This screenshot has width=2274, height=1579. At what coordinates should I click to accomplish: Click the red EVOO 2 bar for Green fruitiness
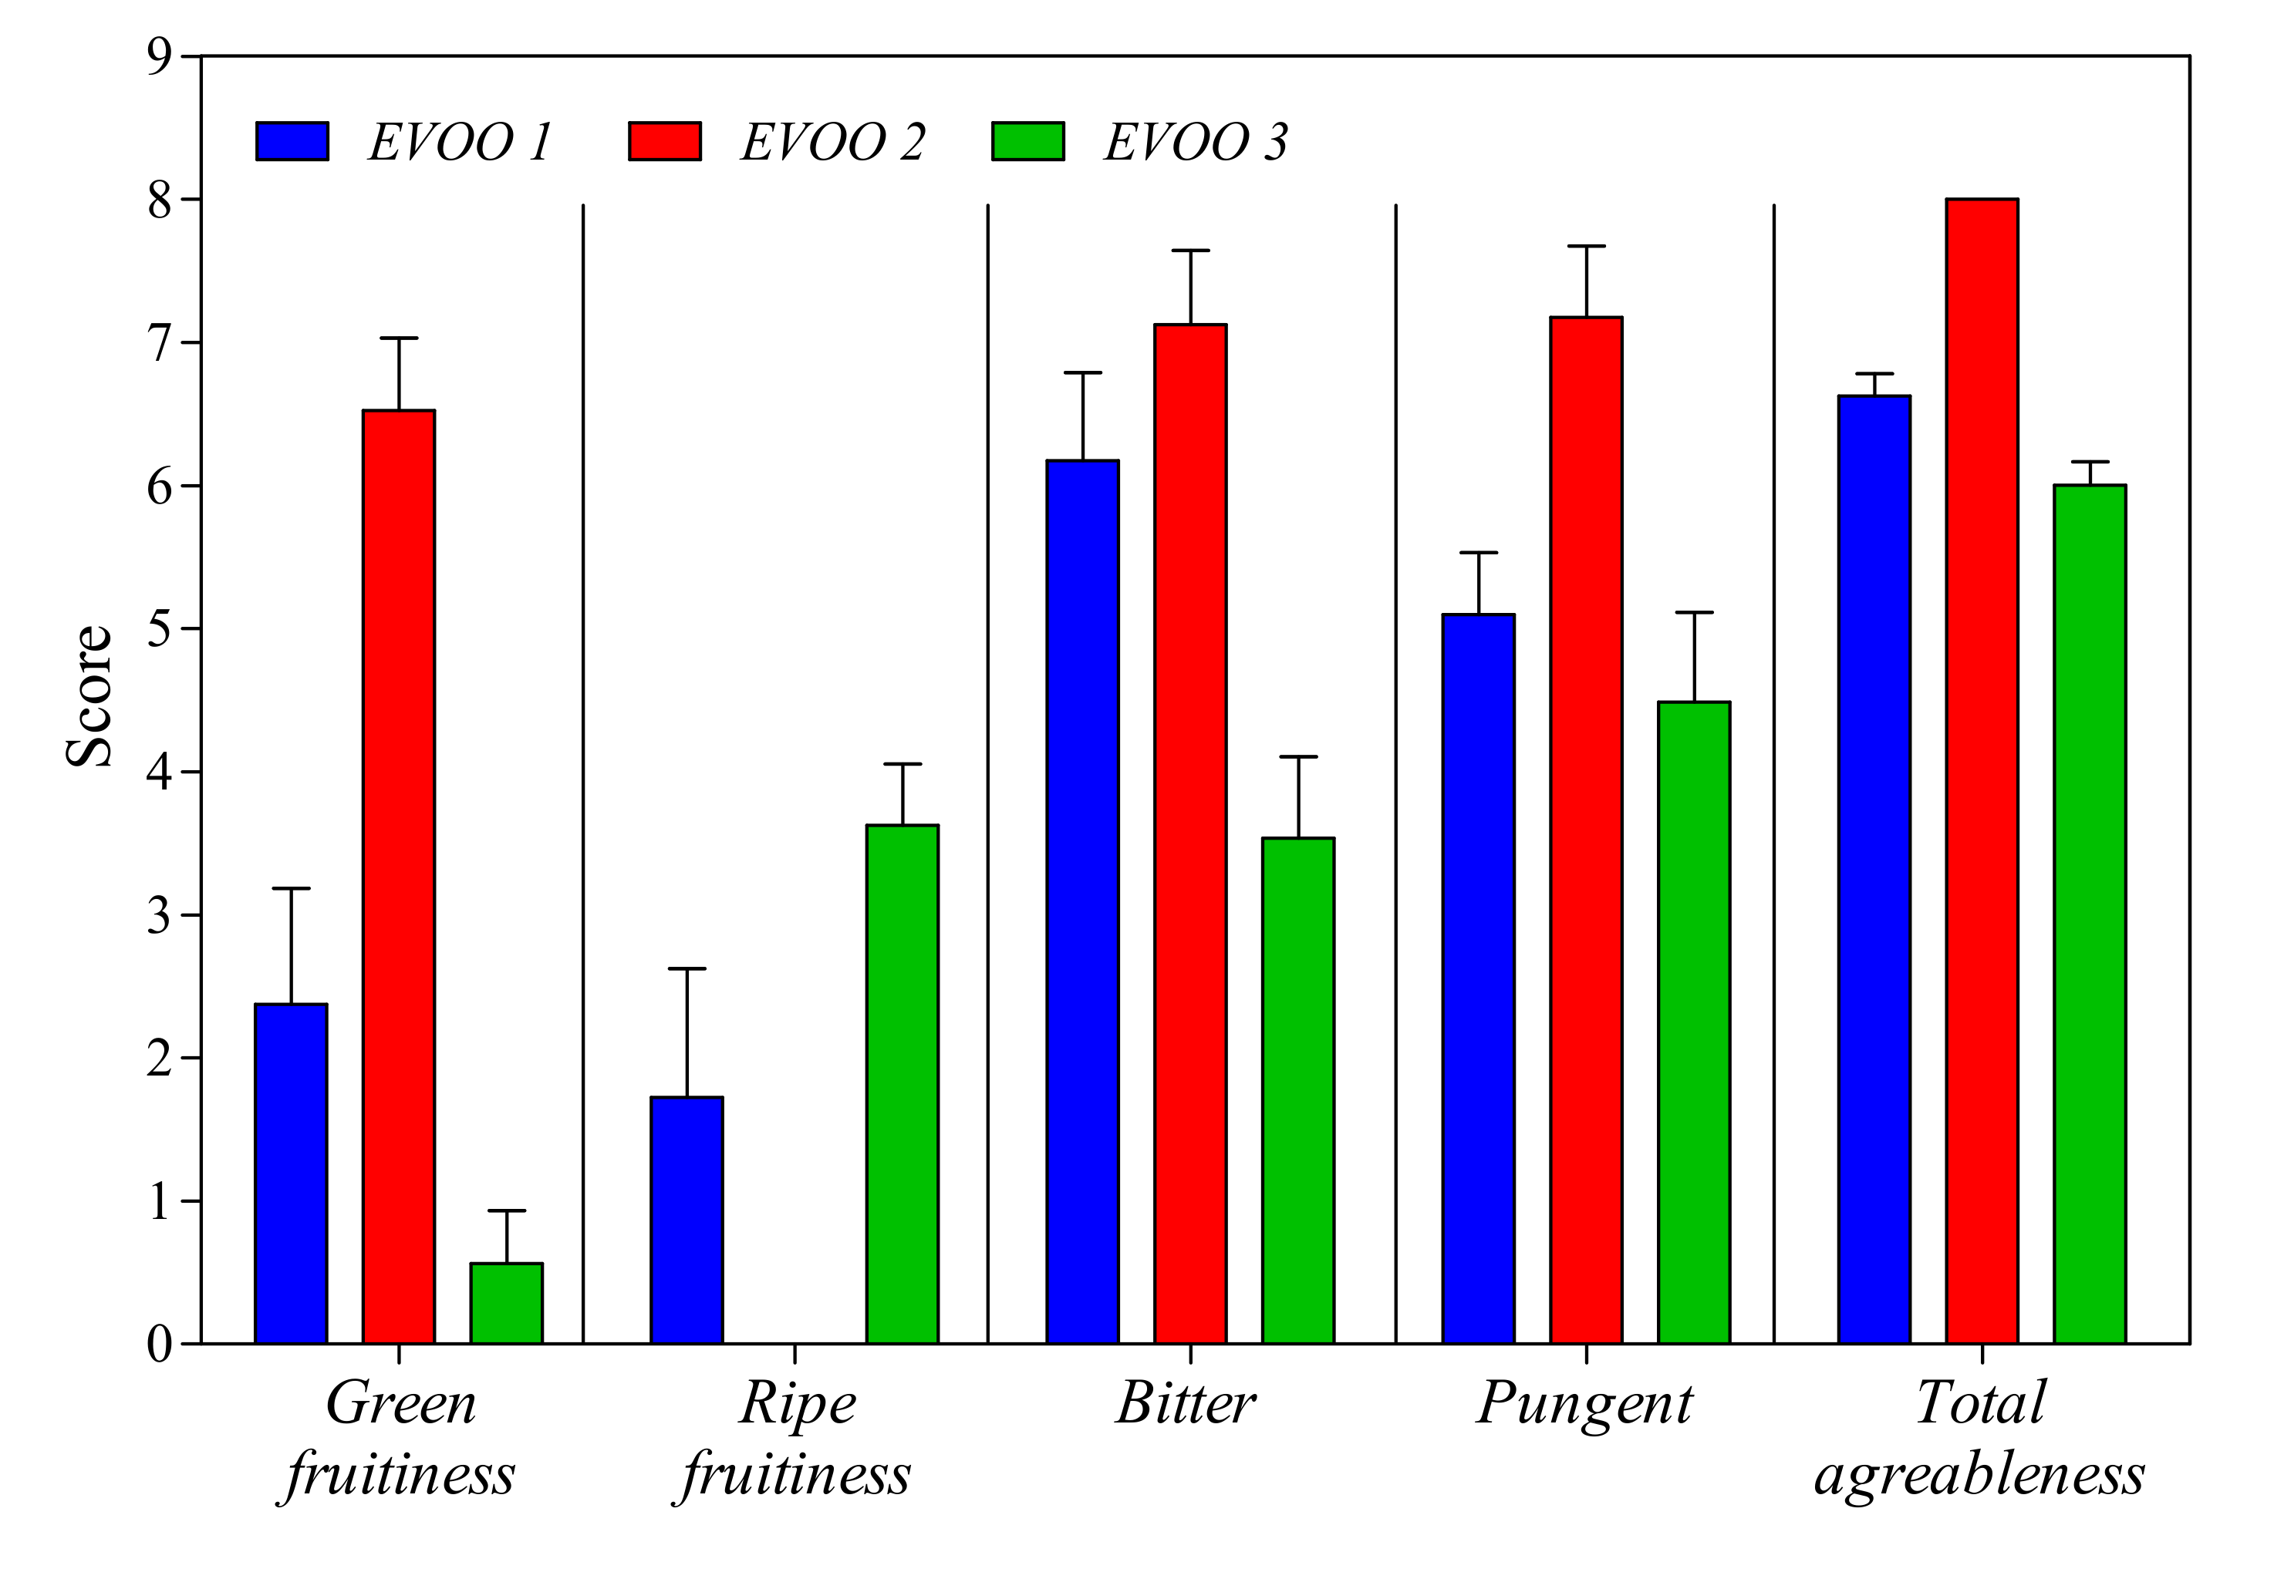point(398,876)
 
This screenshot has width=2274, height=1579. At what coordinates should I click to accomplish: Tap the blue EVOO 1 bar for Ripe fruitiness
point(686,1219)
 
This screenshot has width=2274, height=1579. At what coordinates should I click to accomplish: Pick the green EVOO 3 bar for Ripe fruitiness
point(902,1083)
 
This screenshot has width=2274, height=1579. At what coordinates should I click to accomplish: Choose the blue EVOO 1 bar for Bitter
point(1082,901)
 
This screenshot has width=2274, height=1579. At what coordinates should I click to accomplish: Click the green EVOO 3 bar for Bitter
point(1297,1089)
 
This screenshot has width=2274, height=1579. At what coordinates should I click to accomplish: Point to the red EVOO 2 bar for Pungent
point(1585,829)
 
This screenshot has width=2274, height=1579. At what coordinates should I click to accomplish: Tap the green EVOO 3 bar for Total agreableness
point(2089,913)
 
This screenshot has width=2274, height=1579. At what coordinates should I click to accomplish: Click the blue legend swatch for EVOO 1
point(292,141)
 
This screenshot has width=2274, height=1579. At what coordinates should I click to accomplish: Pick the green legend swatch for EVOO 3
point(1027,141)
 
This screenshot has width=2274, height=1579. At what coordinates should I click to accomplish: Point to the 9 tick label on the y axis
point(160,57)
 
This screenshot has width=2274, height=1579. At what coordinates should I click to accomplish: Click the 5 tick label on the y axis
point(160,629)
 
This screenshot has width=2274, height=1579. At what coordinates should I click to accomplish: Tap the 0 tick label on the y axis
point(160,1344)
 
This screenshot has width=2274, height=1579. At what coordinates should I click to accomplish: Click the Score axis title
point(89,695)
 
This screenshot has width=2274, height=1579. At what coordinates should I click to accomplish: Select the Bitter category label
point(1186,1403)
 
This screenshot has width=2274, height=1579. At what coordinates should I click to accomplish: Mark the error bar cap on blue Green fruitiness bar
point(291,888)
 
